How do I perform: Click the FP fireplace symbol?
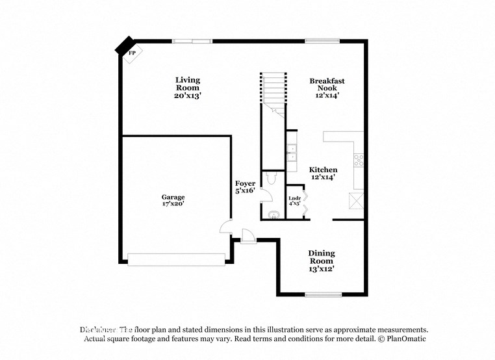point(131,52)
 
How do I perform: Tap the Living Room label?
point(187,88)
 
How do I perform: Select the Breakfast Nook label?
point(327,88)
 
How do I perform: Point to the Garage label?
point(173,200)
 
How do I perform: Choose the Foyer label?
point(245,187)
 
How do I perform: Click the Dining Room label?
point(322,261)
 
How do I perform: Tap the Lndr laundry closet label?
point(294,200)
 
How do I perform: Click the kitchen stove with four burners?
point(358,161)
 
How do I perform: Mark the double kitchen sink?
point(292,153)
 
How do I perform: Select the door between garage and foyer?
point(225,227)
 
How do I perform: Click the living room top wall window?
point(192,41)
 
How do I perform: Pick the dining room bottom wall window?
point(323,294)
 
